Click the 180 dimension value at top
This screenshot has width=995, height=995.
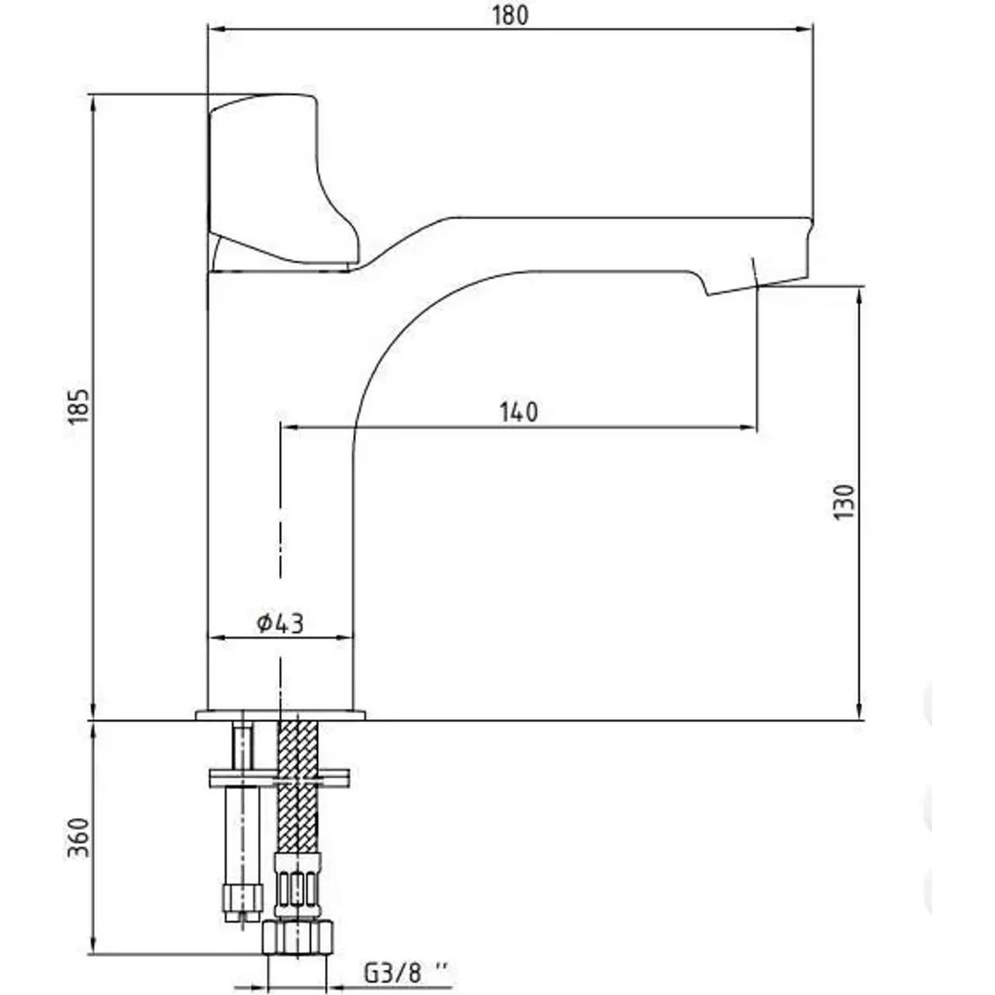click(x=510, y=15)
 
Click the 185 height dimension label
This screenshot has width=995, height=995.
click(x=80, y=406)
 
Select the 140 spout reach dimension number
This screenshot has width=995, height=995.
click(x=518, y=412)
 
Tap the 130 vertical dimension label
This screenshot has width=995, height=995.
click(x=843, y=502)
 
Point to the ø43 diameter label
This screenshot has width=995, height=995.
click(x=280, y=623)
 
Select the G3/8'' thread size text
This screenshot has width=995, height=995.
click(x=406, y=972)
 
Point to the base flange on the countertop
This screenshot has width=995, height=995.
click(x=280, y=714)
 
